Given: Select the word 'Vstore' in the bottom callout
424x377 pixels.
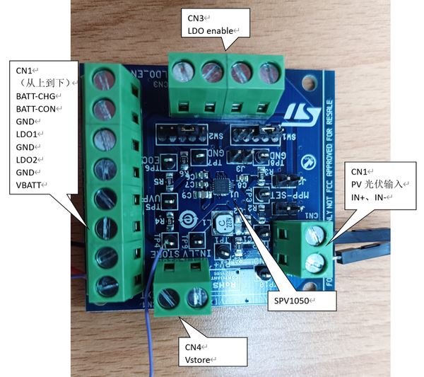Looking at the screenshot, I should pos(199,359).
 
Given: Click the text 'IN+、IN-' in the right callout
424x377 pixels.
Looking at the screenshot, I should pos(370,197).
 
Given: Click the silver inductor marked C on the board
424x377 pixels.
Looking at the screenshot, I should pos(223,224).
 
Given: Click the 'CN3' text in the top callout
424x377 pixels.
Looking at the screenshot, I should pos(196,17).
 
